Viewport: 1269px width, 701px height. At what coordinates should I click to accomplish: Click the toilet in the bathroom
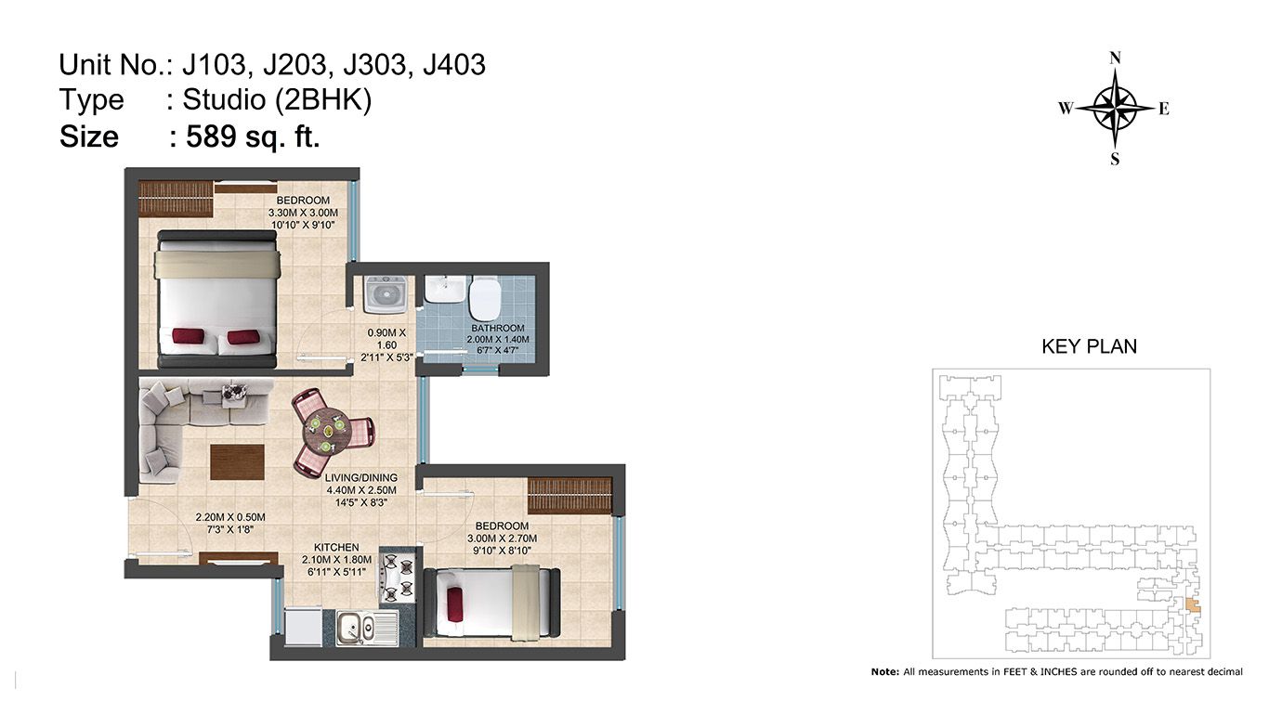coord(486,298)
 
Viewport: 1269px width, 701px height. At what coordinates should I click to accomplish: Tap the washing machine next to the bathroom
coord(386,294)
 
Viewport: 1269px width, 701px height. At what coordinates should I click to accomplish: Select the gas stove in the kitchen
coord(399,578)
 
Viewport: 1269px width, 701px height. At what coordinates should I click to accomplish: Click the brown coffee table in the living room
coord(238,462)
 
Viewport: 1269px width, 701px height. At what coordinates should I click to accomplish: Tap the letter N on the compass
coord(1115,58)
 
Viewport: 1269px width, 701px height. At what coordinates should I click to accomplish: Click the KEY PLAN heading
coord(1089,346)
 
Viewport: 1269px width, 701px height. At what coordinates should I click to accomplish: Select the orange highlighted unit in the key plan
coord(1193,606)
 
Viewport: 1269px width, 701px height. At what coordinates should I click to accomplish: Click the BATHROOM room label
coord(497,329)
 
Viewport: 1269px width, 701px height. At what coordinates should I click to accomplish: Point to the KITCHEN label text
coord(336,548)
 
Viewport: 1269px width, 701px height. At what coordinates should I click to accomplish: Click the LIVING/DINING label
coord(360,478)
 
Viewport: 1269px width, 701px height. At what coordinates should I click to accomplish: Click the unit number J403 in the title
coord(454,65)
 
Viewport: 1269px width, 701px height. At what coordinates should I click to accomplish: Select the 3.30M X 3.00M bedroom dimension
coord(303,213)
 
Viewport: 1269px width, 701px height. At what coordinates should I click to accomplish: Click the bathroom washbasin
coord(446,290)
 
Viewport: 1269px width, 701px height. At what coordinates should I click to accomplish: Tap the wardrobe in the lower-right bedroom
coord(569,496)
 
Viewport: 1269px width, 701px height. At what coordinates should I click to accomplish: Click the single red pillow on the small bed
coord(455,604)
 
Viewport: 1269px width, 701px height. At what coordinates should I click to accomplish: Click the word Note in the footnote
coord(884,672)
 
